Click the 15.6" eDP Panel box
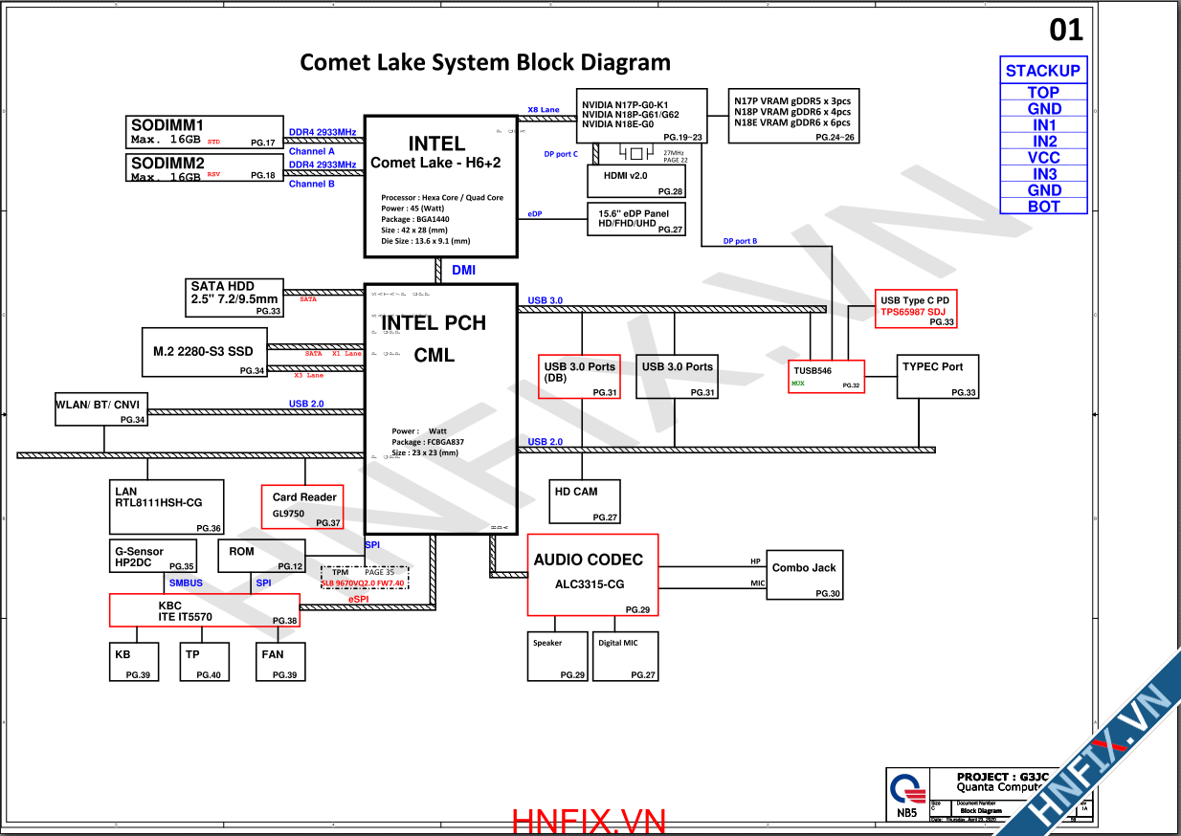(636, 219)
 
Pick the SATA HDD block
(234, 297)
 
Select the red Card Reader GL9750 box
(303, 507)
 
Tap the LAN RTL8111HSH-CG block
(167, 507)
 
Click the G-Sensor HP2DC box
(153, 558)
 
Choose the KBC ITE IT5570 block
(204, 610)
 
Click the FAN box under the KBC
(283, 661)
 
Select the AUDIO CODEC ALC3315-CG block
(593, 574)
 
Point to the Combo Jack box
(804, 574)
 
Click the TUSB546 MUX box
(827, 377)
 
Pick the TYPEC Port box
(937, 377)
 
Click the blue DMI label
(464, 271)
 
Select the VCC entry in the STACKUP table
(1044, 158)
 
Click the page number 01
(1066, 31)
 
